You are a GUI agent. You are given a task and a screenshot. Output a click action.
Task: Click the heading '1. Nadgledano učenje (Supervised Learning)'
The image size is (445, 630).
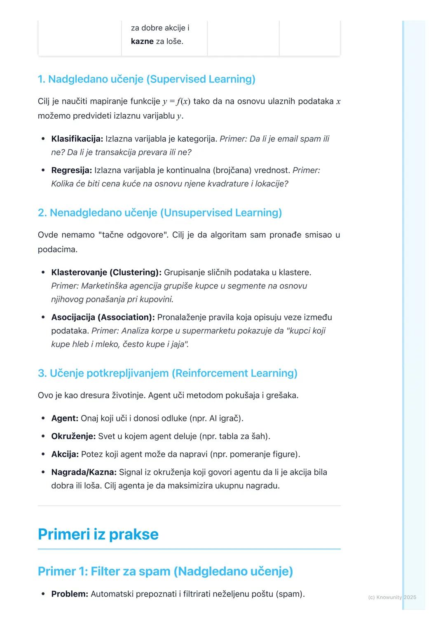coord(146,79)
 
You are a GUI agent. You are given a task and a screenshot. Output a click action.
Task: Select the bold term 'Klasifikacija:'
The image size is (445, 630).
coord(77,139)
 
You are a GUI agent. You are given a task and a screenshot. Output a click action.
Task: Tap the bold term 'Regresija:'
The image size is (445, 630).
coord(71,170)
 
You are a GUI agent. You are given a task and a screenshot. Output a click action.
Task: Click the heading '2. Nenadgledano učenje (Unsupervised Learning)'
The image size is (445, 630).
coord(160,213)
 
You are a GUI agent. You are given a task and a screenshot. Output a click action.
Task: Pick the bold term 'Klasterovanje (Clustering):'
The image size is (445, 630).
coord(106,273)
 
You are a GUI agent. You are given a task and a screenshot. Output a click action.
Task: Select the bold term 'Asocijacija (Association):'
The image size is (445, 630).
coord(103,317)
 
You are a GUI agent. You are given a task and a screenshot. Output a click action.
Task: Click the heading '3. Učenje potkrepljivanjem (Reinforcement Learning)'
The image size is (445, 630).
coord(167,373)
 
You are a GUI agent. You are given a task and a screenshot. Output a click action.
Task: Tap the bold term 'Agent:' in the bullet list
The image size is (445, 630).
coord(65,418)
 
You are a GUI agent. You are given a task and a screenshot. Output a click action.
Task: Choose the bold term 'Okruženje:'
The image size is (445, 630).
coord(73,436)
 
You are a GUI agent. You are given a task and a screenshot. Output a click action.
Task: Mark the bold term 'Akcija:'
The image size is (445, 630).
coord(65,454)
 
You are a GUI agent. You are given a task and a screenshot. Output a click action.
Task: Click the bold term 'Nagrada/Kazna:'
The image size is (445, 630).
coord(84,472)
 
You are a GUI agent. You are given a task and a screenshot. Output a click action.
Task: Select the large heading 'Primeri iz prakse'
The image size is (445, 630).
coord(98,534)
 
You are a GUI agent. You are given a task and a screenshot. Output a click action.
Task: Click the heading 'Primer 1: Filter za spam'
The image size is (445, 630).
coord(165,571)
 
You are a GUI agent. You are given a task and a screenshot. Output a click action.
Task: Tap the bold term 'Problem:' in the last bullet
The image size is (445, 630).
coord(70,594)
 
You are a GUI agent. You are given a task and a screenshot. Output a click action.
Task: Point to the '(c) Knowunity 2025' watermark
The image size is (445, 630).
coord(392,597)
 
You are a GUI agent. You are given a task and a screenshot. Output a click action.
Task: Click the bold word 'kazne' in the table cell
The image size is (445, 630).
coord(142,42)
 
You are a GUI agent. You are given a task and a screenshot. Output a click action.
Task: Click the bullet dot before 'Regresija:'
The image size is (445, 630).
coord(43,170)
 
